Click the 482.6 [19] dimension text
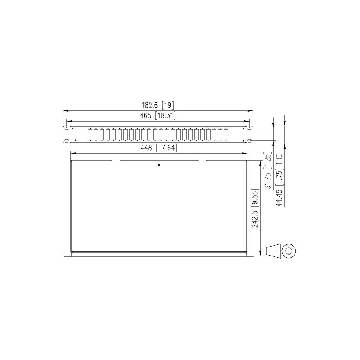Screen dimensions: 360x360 pos(157,105)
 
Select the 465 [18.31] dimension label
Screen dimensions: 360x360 pos(158,115)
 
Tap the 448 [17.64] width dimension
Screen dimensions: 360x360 pos(159,148)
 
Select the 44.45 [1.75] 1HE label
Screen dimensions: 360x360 pos(279,180)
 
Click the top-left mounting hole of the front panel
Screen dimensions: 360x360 pos(67,128)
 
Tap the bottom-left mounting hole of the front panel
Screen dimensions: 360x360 pos(67,140)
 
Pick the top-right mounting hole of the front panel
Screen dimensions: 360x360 pos(250,128)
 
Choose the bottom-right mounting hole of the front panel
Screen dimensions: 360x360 pos(250,140)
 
